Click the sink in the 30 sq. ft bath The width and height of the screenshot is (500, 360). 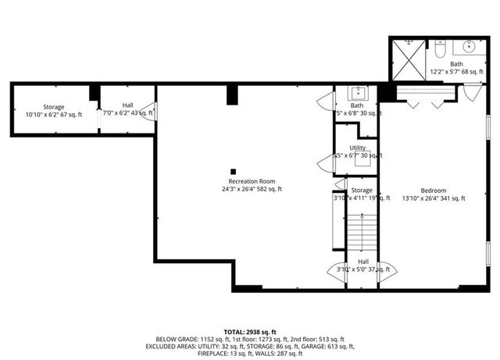click(x=360, y=94)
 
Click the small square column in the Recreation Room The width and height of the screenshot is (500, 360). click(x=233, y=171)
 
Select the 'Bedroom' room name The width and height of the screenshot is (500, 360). click(x=434, y=191)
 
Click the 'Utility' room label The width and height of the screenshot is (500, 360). click(x=358, y=147)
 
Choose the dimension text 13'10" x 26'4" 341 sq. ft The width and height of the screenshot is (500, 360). click(x=434, y=199)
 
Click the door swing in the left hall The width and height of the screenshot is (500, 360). click(x=148, y=111)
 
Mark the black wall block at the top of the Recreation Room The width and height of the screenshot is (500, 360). click(x=232, y=94)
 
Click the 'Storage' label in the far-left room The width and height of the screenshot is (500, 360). click(x=53, y=106)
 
